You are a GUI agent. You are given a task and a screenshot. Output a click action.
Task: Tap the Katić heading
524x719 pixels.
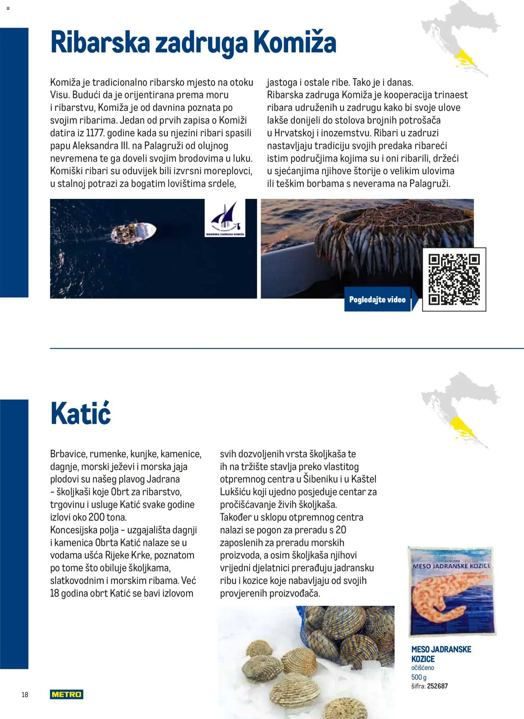pyautogui.click(x=80, y=414)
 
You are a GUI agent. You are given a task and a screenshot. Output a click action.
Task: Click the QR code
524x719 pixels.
pyautogui.click(x=454, y=279)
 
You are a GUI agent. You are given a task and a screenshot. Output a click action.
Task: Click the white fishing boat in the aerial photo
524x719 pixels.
pyautogui.click(x=134, y=233)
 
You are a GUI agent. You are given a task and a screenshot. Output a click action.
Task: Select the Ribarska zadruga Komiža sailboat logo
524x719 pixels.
pyautogui.click(x=225, y=218)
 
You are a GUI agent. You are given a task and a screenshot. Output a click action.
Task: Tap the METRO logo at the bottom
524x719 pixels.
pyautogui.click(x=67, y=694)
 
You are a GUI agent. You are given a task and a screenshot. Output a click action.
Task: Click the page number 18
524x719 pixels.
pyautogui.click(x=25, y=695)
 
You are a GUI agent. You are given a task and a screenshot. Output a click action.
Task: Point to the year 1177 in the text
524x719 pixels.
pyautogui.click(x=95, y=133)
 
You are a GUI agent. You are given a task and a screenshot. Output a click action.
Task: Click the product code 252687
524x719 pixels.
pyautogui.click(x=437, y=686)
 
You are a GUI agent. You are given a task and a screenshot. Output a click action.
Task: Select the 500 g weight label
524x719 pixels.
pyautogui.click(x=419, y=677)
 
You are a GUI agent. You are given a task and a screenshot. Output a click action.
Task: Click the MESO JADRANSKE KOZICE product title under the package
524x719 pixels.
pyautogui.click(x=441, y=654)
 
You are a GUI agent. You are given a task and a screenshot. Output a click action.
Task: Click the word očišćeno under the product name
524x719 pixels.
pyautogui.click(x=423, y=668)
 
